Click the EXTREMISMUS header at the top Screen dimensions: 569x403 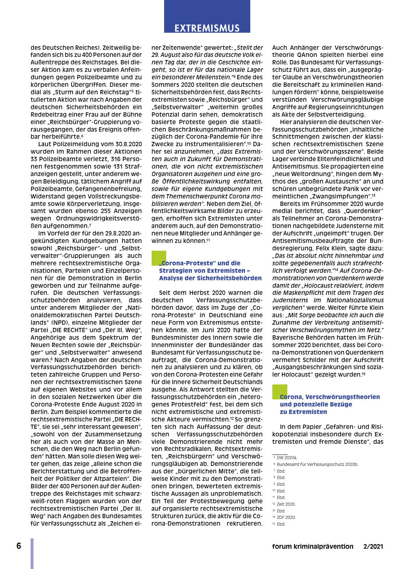(x=207, y=28)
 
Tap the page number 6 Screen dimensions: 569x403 (x=19, y=546)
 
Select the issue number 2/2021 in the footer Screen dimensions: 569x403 (x=373, y=547)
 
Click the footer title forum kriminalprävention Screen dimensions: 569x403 (x=313, y=547)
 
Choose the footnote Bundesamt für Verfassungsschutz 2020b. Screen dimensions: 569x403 (x=318, y=464)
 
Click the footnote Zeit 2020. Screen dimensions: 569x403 (x=286, y=504)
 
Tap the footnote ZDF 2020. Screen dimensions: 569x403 (x=286, y=517)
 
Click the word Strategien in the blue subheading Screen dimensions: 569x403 (x=177, y=271)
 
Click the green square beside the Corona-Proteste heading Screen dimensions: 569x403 (x=158, y=258)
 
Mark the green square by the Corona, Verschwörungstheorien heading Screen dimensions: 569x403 (x=279, y=392)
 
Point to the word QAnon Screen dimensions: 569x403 (x=308, y=55)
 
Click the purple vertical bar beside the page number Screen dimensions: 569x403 (x=32, y=553)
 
